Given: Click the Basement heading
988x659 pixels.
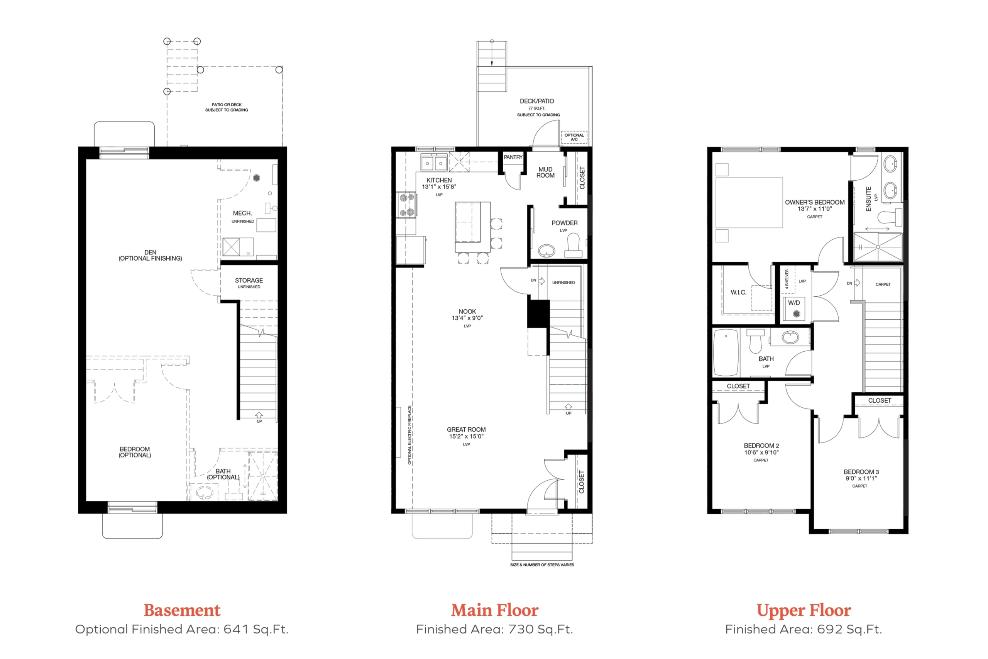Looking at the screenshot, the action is click(x=182, y=610).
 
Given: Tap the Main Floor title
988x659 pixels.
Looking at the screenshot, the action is click(x=494, y=610).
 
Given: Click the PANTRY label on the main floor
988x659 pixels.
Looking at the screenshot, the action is click(x=513, y=157).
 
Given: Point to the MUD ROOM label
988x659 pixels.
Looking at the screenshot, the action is click(x=545, y=172).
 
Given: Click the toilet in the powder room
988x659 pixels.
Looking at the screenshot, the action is click(x=574, y=245).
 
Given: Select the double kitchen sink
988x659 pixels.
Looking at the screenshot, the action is click(x=434, y=162).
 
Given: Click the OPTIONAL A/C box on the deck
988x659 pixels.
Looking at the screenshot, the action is click(x=574, y=137).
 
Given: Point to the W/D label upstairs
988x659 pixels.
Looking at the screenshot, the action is click(x=793, y=303).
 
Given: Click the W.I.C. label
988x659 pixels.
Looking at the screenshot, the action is click(x=738, y=292).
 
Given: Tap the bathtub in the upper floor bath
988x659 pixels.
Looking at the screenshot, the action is click(x=726, y=352).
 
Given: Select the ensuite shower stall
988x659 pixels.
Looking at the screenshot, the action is click(x=878, y=247).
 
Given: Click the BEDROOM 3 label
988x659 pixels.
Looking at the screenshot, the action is click(x=861, y=472).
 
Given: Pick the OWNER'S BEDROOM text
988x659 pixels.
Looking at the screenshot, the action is click(x=814, y=202).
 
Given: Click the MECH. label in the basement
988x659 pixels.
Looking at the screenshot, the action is click(x=242, y=213).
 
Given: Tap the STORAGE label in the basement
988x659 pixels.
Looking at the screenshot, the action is click(x=249, y=280).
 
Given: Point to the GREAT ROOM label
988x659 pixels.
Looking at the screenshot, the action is click(x=466, y=430).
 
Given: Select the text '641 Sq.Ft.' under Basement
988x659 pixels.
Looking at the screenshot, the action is click(x=256, y=629).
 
